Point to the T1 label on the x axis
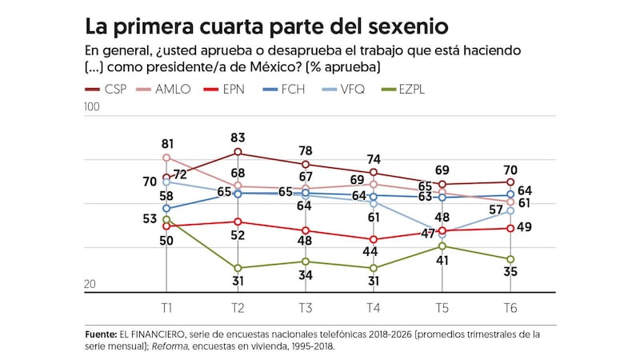167,308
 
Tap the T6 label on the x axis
510,308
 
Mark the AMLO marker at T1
166,158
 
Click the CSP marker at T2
237,152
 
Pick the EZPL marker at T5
442,246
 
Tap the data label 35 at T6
511,272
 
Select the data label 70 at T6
510,169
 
